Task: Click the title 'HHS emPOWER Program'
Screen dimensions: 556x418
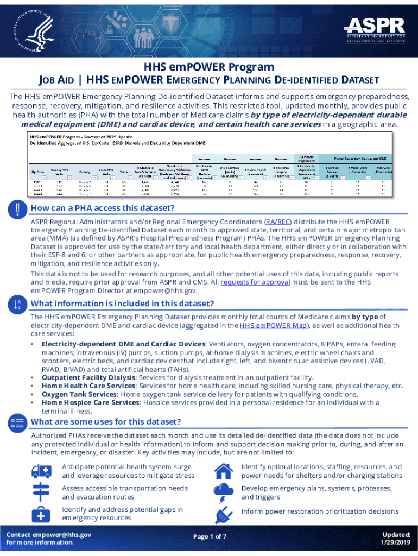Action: [x=209, y=67]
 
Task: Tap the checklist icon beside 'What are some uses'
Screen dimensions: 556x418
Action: [x=17, y=422]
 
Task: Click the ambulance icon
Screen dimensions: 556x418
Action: [x=42, y=471]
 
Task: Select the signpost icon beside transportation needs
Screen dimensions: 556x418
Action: [x=42, y=492]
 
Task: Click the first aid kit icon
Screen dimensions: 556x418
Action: [x=42, y=513]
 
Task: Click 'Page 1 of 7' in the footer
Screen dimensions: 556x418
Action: [x=209, y=536]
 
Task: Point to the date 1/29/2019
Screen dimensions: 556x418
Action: [x=396, y=542]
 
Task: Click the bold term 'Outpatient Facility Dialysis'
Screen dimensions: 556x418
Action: [x=89, y=377]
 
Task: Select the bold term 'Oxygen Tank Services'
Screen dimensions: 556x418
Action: [x=79, y=394]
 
